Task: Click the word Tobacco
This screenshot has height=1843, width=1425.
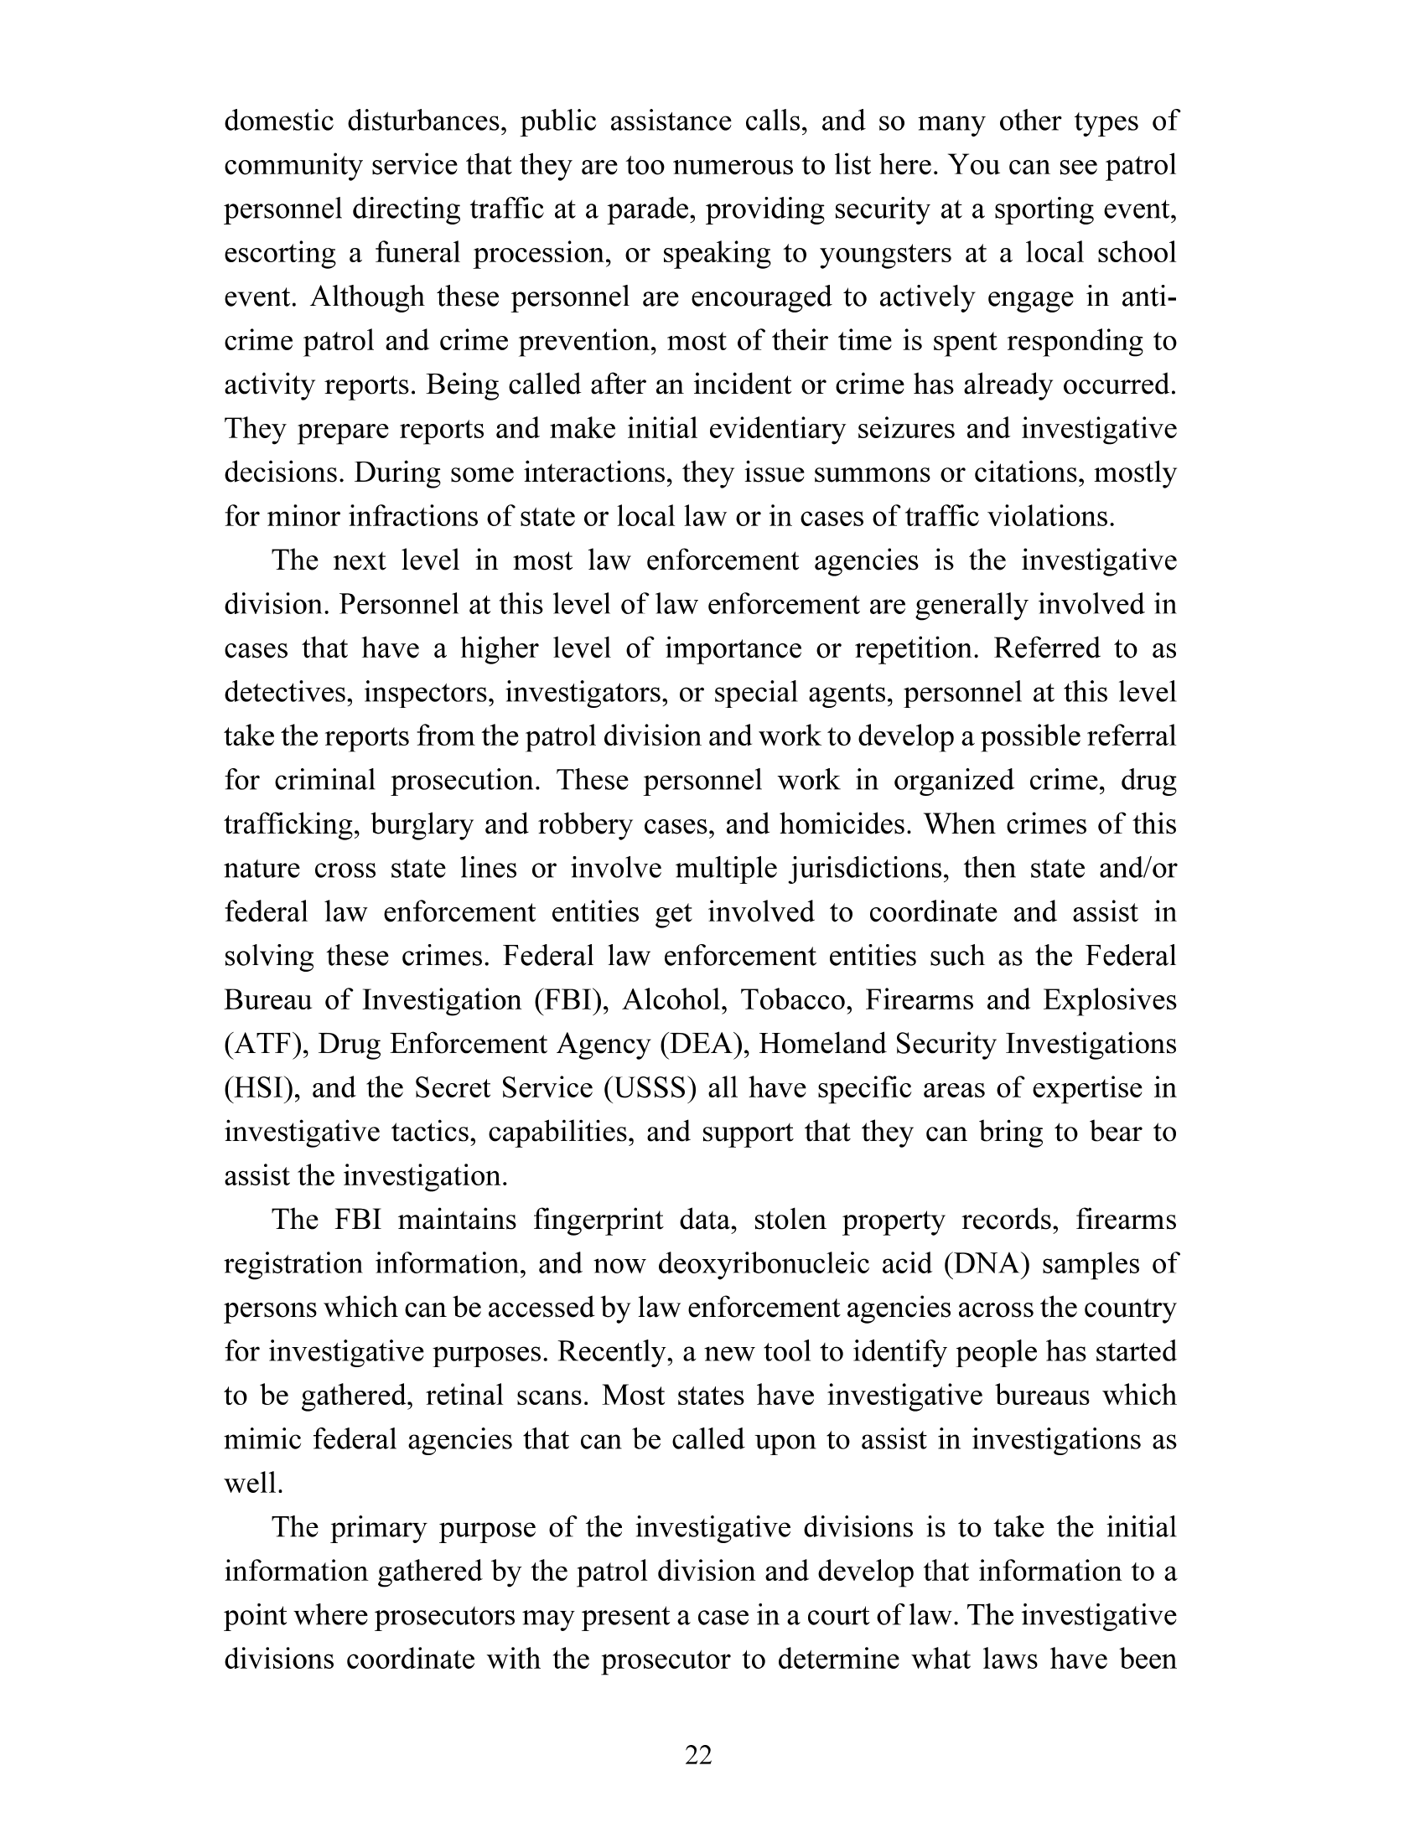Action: (x=800, y=1000)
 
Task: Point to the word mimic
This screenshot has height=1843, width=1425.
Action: (x=260, y=1439)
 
